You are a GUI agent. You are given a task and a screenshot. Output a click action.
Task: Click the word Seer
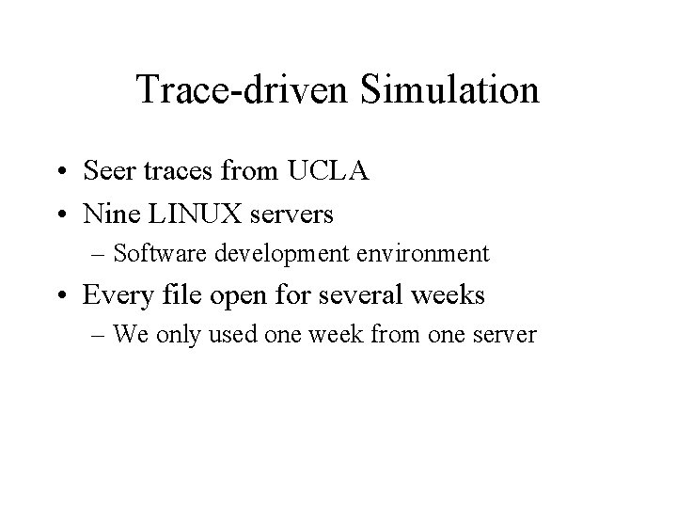(108, 173)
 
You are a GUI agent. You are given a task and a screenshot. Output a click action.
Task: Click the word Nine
(109, 214)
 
